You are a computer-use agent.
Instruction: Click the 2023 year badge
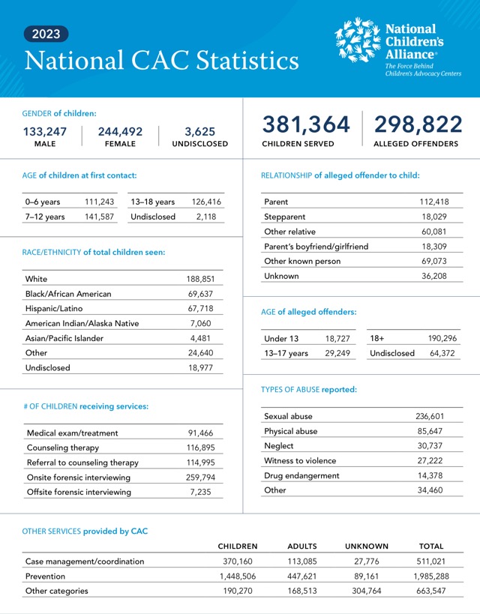coord(46,34)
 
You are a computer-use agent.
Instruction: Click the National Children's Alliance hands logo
coord(358,41)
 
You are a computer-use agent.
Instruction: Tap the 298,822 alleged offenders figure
coord(418,124)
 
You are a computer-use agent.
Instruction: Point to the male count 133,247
coord(45,131)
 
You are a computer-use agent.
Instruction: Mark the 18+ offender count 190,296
coord(443,339)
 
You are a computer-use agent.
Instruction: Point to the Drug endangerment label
coord(301,475)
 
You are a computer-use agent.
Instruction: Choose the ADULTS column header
coord(302,547)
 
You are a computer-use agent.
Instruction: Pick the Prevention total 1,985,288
coord(430,576)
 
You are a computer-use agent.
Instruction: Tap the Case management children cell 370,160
coord(237,561)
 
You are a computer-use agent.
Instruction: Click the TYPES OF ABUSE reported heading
coord(308,390)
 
